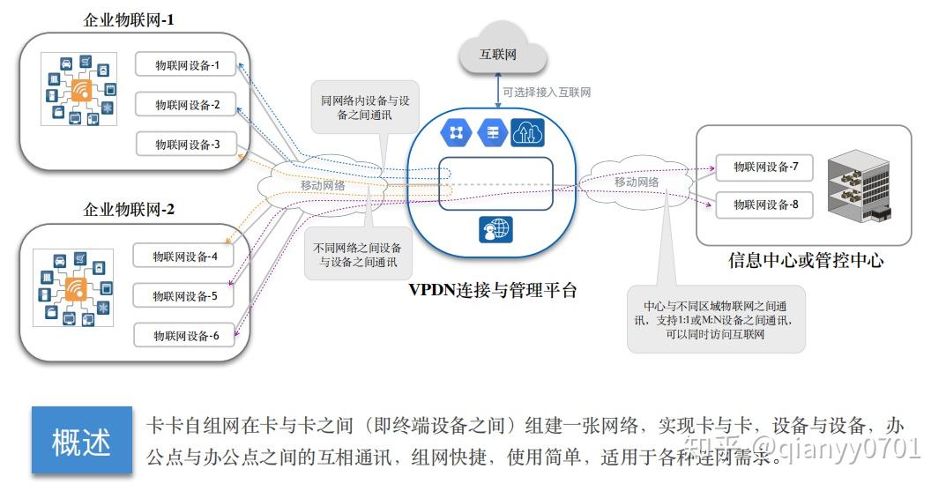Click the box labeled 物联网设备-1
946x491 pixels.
186,65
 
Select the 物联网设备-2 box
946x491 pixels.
186,105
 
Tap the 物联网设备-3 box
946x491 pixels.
186,145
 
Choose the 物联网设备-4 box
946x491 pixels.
183,257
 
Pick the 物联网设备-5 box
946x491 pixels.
183,296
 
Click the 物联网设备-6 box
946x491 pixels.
183,336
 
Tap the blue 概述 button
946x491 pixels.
81,441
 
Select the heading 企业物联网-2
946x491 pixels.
128,210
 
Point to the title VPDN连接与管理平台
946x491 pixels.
492,289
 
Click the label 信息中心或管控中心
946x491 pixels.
805,260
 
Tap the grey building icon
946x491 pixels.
860,184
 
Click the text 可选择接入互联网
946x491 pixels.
547,92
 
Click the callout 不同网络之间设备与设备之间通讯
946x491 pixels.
357,255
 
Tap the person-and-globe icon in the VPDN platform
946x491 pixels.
495,229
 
